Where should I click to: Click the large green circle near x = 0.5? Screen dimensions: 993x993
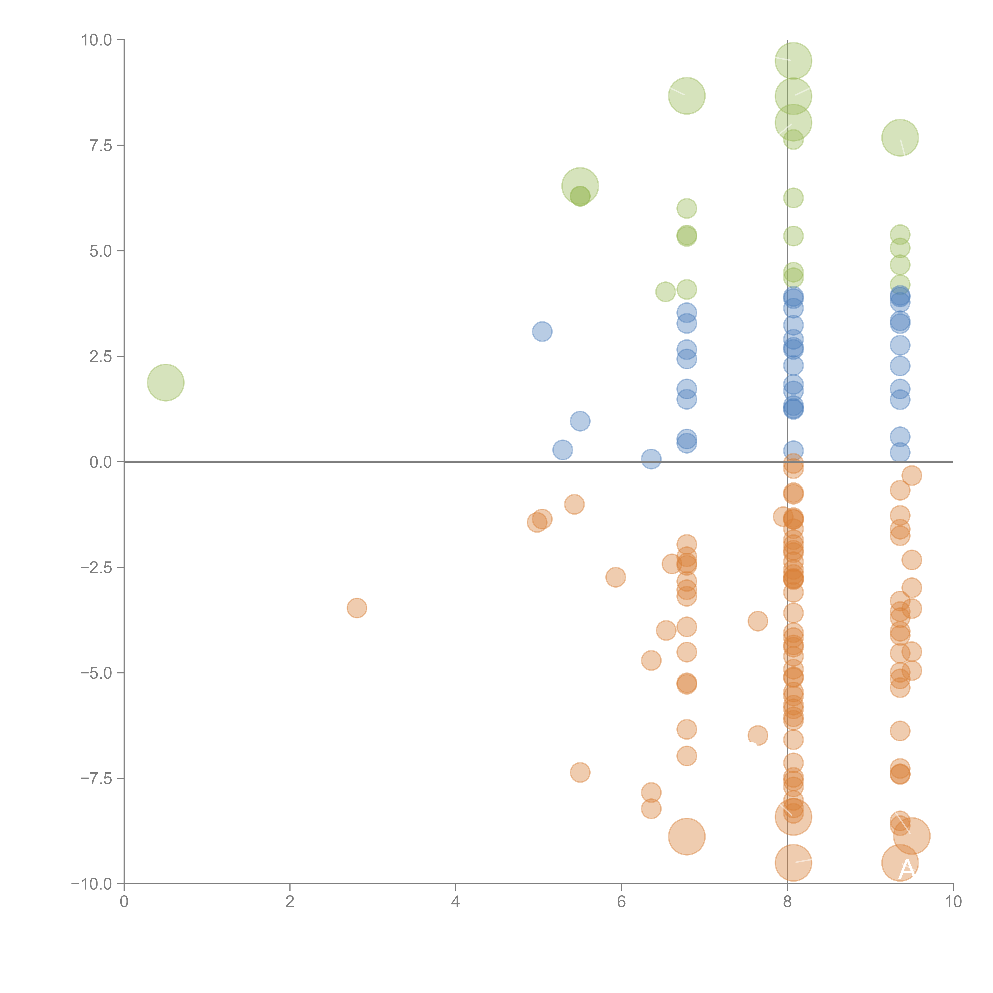pos(165,382)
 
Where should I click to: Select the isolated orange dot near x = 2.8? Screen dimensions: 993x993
pos(357,608)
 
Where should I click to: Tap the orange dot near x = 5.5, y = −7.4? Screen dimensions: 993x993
pos(580,772)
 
